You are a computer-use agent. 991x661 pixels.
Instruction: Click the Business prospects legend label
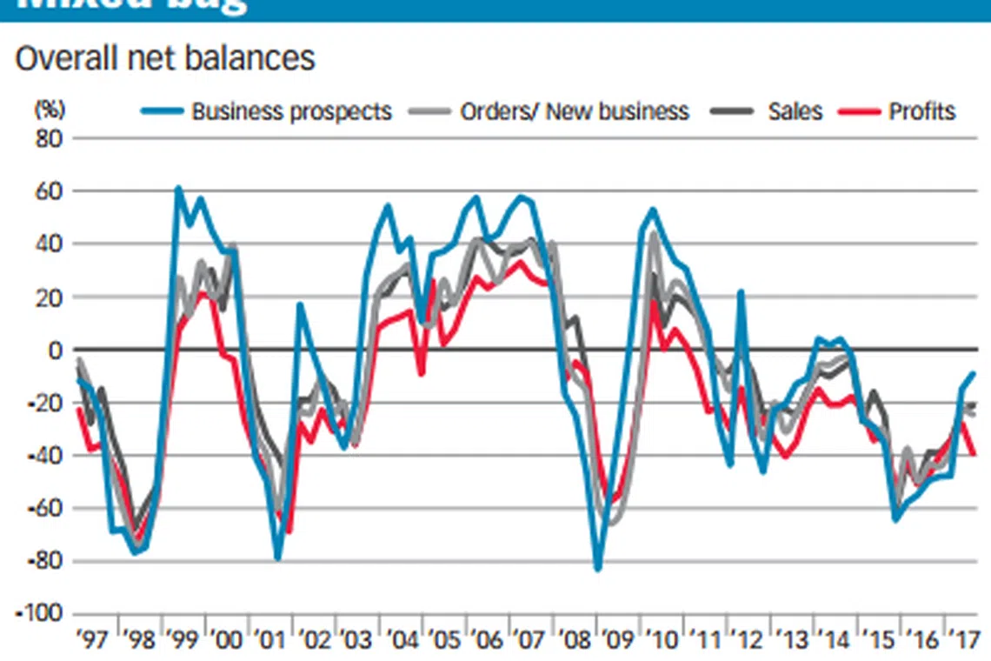[291, 112]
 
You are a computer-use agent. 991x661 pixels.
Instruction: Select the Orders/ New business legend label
[575, 112]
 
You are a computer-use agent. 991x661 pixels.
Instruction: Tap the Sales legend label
[795, 112]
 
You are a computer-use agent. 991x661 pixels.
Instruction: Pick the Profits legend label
[921, 112]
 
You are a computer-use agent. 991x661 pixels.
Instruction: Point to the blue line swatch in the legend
[163, 112]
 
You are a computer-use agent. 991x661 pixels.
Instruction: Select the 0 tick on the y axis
[57, 350]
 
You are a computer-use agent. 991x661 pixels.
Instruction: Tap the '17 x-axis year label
[961, 642]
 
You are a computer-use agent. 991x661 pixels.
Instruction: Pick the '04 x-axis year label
[401, 642]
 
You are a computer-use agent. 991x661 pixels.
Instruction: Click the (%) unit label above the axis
[50, 110]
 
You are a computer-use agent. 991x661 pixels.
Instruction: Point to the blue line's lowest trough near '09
[598, 569]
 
